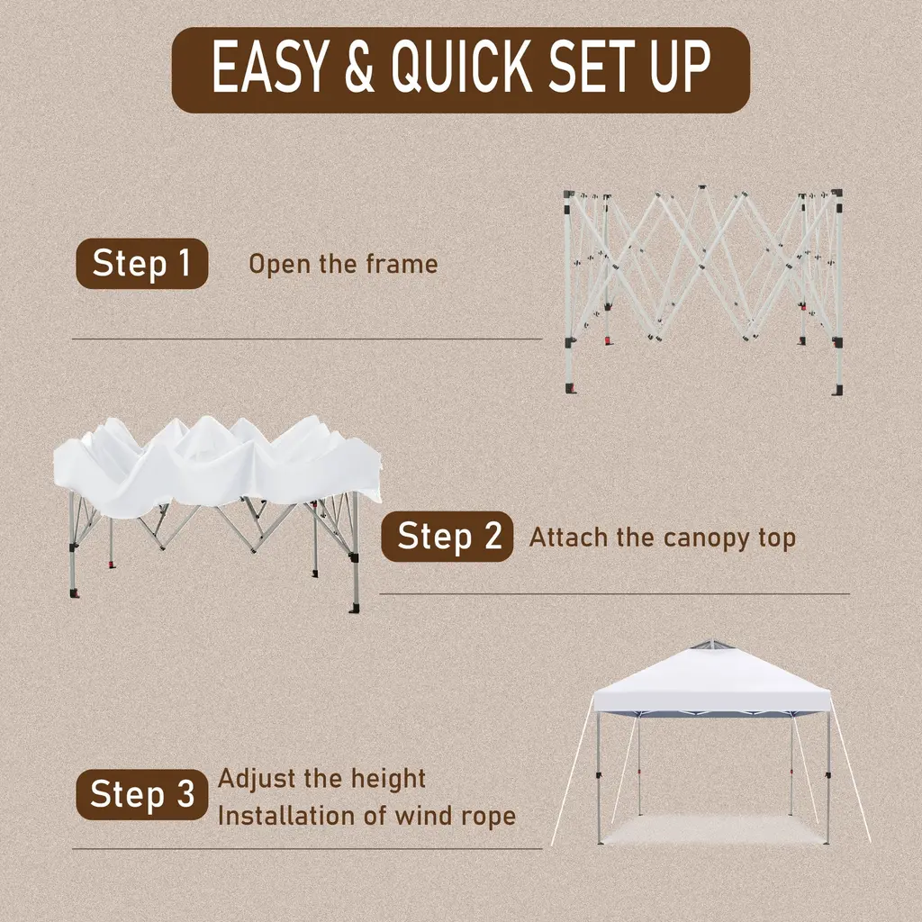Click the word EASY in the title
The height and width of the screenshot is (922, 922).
coord(268,68)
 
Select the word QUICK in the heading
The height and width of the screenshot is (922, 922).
coord(462,68)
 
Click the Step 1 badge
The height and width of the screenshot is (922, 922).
coord(142,264)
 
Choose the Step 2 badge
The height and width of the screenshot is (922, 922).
coord(447,537)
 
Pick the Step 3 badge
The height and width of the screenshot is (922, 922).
coord(142,794)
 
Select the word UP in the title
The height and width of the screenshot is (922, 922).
coord(680,68)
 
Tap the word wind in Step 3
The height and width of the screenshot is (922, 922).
coord(419,816)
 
